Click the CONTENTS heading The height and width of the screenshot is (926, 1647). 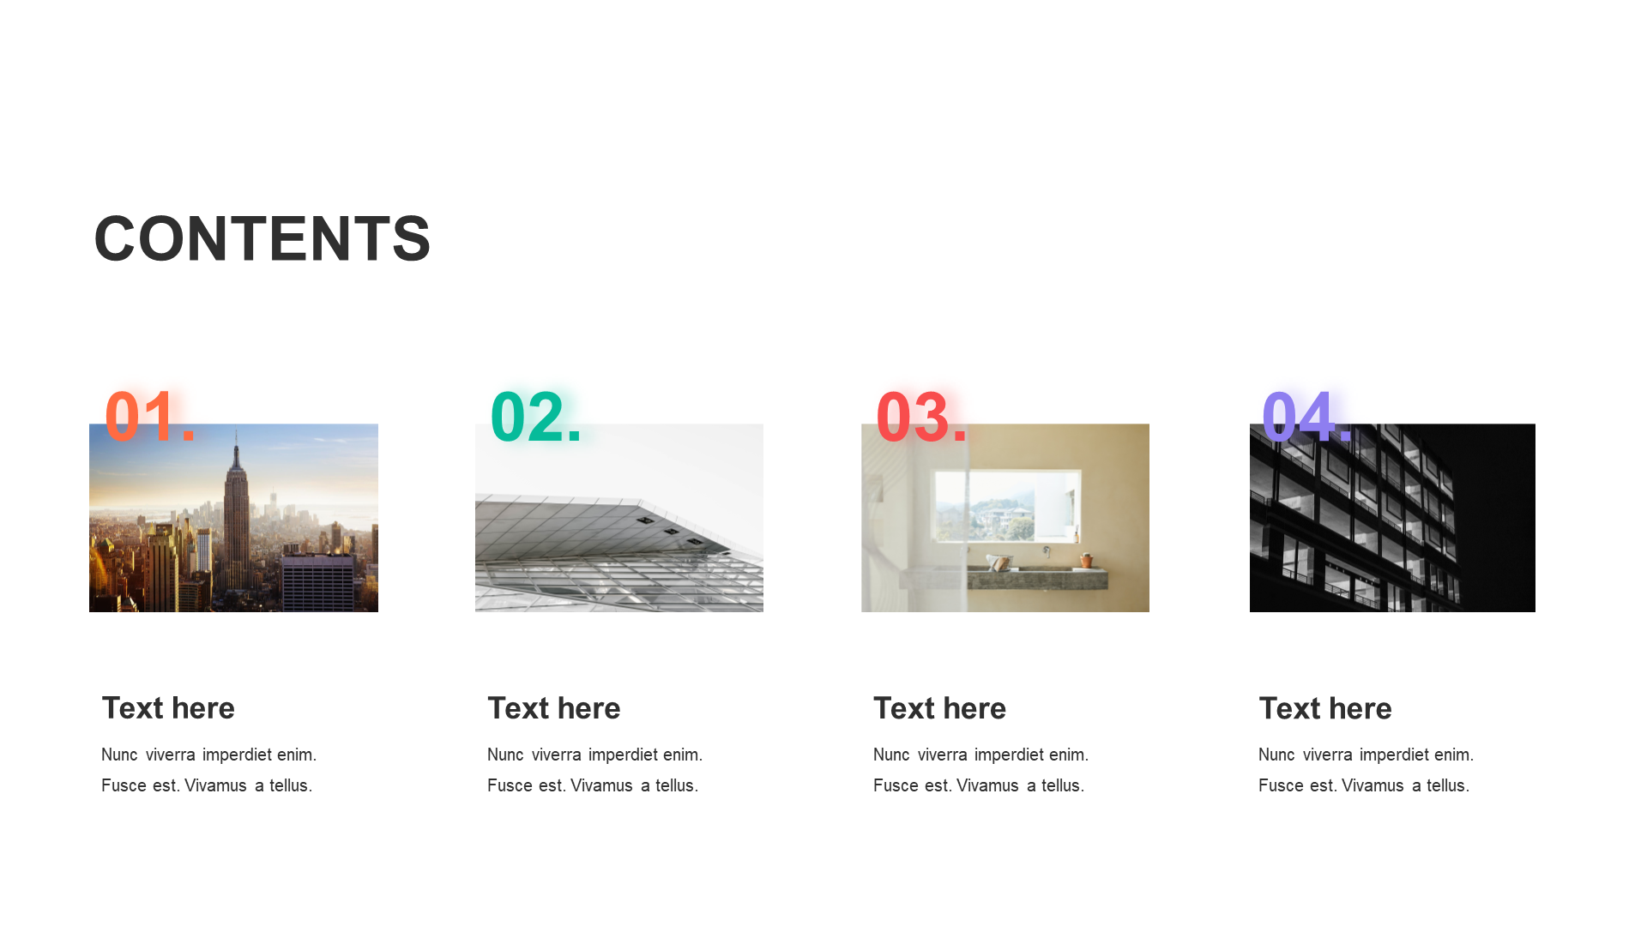tap(262, 238)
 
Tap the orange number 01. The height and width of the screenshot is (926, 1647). tap(150, 417)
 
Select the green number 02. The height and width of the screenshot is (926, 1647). tap(536, 417)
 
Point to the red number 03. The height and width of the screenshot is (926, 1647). tap(922, 417)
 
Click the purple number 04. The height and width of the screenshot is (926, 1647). tap(1307, 417)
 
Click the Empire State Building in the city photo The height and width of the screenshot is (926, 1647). tap(236, 506)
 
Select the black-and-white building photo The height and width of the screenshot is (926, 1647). tap(1392, 518)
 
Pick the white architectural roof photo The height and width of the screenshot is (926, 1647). tap(619, 518)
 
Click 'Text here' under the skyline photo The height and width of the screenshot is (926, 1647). tap(168, 708)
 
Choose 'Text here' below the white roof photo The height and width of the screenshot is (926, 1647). tap(554, 708)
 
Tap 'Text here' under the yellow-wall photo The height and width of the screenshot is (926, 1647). tap(940, 708)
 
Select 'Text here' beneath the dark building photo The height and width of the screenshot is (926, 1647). tap(1325, 708)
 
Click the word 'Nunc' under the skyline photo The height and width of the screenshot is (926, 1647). tap(119, 755)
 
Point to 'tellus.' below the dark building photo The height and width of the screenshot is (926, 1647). tap(1448, 785)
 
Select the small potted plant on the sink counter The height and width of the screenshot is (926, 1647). tap(1086, 560)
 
